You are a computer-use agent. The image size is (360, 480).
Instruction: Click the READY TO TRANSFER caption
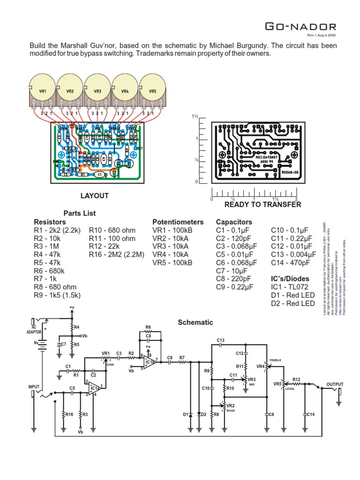[262, 204]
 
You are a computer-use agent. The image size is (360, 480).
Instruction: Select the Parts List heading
[80, 213]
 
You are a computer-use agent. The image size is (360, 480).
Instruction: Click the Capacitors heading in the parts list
[234, 222]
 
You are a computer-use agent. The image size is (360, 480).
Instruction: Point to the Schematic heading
[195, 322]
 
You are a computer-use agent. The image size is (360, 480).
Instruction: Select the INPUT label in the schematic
[34, 387]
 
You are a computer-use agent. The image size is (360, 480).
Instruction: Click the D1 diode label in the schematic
[185, 414]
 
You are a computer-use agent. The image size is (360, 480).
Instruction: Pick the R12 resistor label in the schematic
[296, 379]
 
